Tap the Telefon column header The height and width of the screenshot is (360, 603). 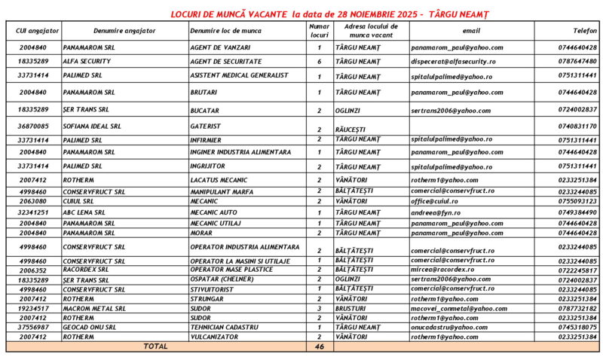[585, 31]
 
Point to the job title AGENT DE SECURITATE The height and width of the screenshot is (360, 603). [225, 61]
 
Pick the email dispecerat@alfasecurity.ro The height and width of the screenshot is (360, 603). [453, 61]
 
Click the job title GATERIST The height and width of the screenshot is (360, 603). [206, 126]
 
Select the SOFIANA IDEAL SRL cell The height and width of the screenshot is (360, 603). [91, 126]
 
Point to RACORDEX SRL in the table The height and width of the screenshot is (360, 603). [86, 269]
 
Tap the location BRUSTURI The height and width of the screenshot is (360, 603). [350, 307]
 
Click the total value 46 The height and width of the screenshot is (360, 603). [319, 346]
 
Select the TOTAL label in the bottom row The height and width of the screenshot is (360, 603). [155, 346]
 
